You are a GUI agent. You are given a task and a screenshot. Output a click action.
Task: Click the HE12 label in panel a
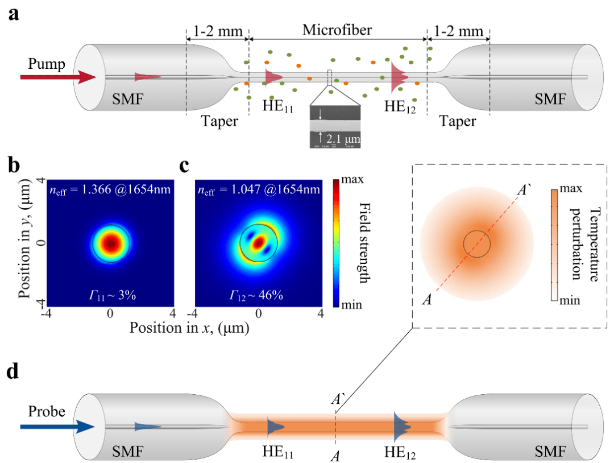point(401,106)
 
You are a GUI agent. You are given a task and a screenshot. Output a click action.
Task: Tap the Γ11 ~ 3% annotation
point(110,295)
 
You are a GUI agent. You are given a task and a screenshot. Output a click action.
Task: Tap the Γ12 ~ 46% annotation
point(258,295)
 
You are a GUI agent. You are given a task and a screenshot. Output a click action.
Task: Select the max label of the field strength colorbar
point(351,181)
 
